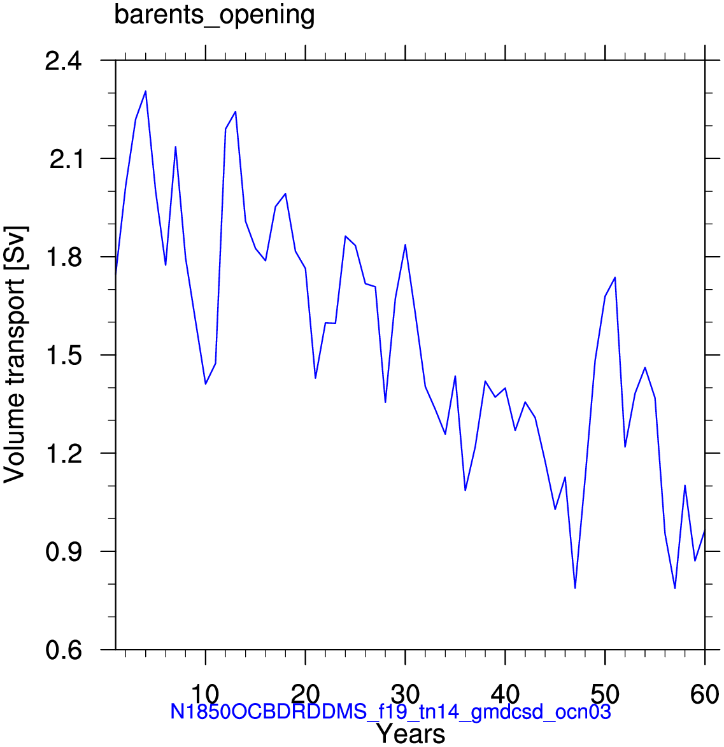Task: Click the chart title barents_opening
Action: click(215, 15)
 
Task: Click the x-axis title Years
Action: click(411, 734)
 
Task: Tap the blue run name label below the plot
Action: click(390, 712)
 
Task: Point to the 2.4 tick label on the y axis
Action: click(63, 62)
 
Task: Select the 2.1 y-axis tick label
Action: click(66, 160)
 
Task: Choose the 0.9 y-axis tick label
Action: click(64, 552)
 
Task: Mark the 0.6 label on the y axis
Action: click(64, 650)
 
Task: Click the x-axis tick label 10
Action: click(205, 695)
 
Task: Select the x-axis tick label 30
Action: click(406, 695)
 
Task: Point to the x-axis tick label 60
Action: click(704, 695)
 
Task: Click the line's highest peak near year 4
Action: click(145, 91)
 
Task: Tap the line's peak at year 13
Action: click(236, 111)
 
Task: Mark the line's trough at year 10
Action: click(205, 384)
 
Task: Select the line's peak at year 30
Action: click(405, 245)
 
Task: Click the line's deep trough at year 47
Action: click(575, 588)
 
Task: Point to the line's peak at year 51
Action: click(615, 277)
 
